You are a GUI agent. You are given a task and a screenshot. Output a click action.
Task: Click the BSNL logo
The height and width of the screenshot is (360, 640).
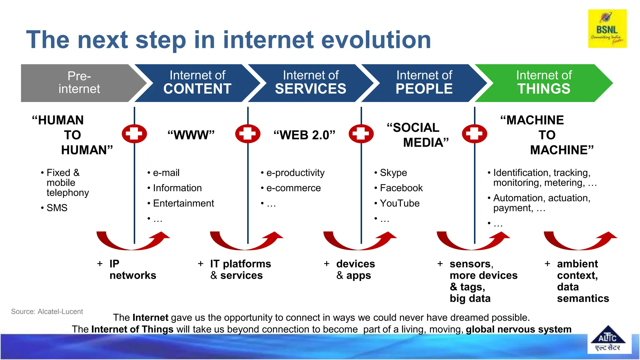(607, 29)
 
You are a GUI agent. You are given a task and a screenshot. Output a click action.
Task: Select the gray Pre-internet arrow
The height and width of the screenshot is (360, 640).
(79, 83)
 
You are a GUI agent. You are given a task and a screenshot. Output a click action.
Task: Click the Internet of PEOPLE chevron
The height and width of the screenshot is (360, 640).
(424, 83)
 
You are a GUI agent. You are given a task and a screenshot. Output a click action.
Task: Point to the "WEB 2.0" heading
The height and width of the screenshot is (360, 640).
(304, 135)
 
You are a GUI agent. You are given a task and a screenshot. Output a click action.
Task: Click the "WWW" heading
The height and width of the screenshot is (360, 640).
(191, 135)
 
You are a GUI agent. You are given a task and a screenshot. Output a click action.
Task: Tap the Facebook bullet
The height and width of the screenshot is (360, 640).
(401, 188)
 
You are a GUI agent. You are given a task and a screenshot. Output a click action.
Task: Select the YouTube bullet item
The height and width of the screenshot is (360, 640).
(399, 203)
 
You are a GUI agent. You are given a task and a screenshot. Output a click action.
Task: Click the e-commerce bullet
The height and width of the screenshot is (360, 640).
(293, 188)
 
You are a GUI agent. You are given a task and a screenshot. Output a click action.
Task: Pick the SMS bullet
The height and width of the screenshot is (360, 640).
(57, 208)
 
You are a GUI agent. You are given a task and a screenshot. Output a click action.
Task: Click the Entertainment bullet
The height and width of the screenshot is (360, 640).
(183, 203)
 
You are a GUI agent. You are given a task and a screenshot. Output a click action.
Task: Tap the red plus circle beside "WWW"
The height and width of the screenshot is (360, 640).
(134, 134)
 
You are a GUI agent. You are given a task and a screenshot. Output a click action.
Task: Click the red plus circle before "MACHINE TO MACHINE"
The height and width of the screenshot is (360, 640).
(474, 134)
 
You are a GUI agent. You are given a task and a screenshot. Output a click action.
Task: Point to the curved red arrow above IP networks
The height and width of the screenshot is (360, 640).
(133, 242)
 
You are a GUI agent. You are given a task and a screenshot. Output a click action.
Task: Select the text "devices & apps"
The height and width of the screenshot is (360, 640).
(355, 269)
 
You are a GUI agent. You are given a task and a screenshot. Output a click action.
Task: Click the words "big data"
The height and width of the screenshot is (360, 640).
(470, 298)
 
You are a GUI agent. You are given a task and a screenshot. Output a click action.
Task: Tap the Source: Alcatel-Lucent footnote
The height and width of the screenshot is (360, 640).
(47, 312)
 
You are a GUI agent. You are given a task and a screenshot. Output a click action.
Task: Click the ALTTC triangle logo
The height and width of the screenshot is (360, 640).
(607, 339)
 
